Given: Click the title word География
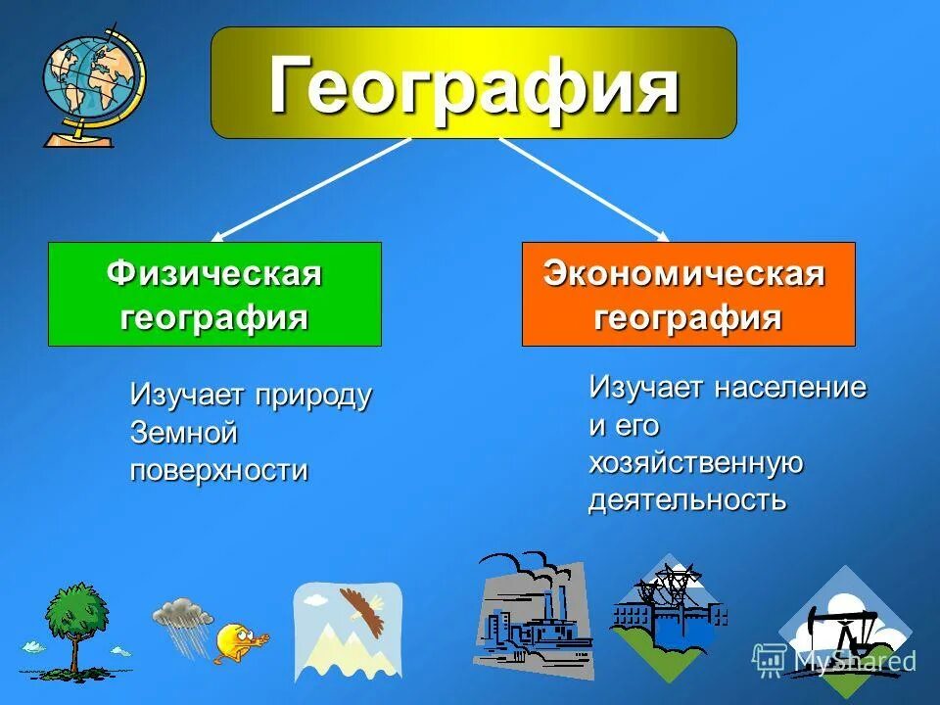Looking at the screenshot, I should (x=474, y=85).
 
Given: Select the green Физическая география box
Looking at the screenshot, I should (x=214, y=294).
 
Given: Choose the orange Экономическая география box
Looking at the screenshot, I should (x=687, y=294).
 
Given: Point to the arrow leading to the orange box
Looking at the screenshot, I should (x=584, y=189).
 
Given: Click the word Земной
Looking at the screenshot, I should (x=184, y=433).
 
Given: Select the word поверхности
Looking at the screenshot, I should (x=219, y=470).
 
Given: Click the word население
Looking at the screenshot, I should (x=790, y=388).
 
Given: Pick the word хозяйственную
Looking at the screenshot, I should (x=696, y=463).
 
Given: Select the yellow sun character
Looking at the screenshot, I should (x=238, y=643).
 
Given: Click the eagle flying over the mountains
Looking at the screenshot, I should (x=362, y=608).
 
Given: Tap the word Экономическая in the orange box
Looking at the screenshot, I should (x=684, y=275).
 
